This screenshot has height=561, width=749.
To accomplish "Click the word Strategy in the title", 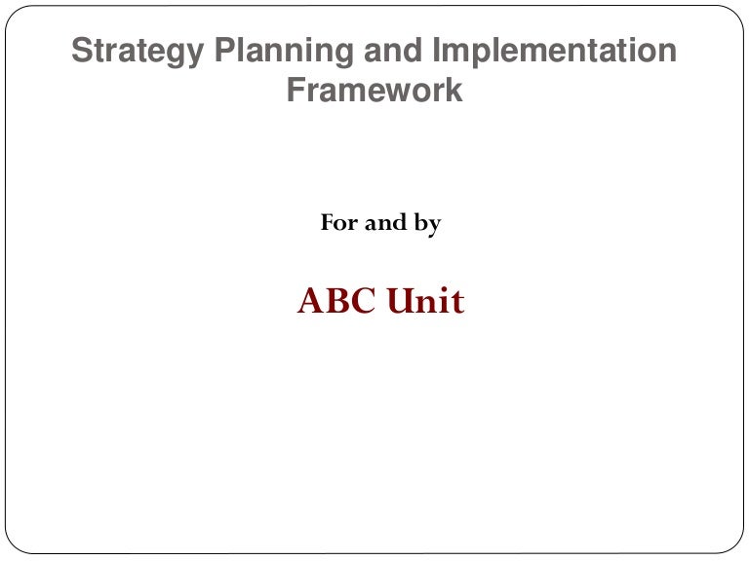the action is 138,52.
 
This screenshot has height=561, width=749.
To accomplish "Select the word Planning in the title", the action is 284,52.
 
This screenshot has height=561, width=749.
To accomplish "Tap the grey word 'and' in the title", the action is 393,50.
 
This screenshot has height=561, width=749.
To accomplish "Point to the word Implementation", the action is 555,52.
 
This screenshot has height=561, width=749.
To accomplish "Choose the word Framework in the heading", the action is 374,90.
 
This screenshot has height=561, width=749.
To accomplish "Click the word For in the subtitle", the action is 339,222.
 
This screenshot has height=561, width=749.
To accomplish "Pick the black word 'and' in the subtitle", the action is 385,222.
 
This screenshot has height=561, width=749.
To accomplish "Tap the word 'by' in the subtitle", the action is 427,224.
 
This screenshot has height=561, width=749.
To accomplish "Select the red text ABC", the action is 336,301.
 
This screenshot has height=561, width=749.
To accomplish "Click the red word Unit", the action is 425,300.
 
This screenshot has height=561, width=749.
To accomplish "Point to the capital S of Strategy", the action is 82,50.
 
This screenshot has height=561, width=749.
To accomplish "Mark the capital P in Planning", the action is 224,50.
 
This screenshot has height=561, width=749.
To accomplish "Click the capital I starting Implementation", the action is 435,50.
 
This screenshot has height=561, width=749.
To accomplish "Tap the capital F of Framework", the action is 296,90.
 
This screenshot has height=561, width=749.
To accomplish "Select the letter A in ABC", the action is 310,301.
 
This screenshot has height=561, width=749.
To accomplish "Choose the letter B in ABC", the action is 336,301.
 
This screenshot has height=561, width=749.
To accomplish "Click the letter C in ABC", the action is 364,301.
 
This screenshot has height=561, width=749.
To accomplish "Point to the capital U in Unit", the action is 400,301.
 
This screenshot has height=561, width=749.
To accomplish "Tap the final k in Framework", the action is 454,90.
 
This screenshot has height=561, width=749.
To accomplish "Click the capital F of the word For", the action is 328,223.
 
